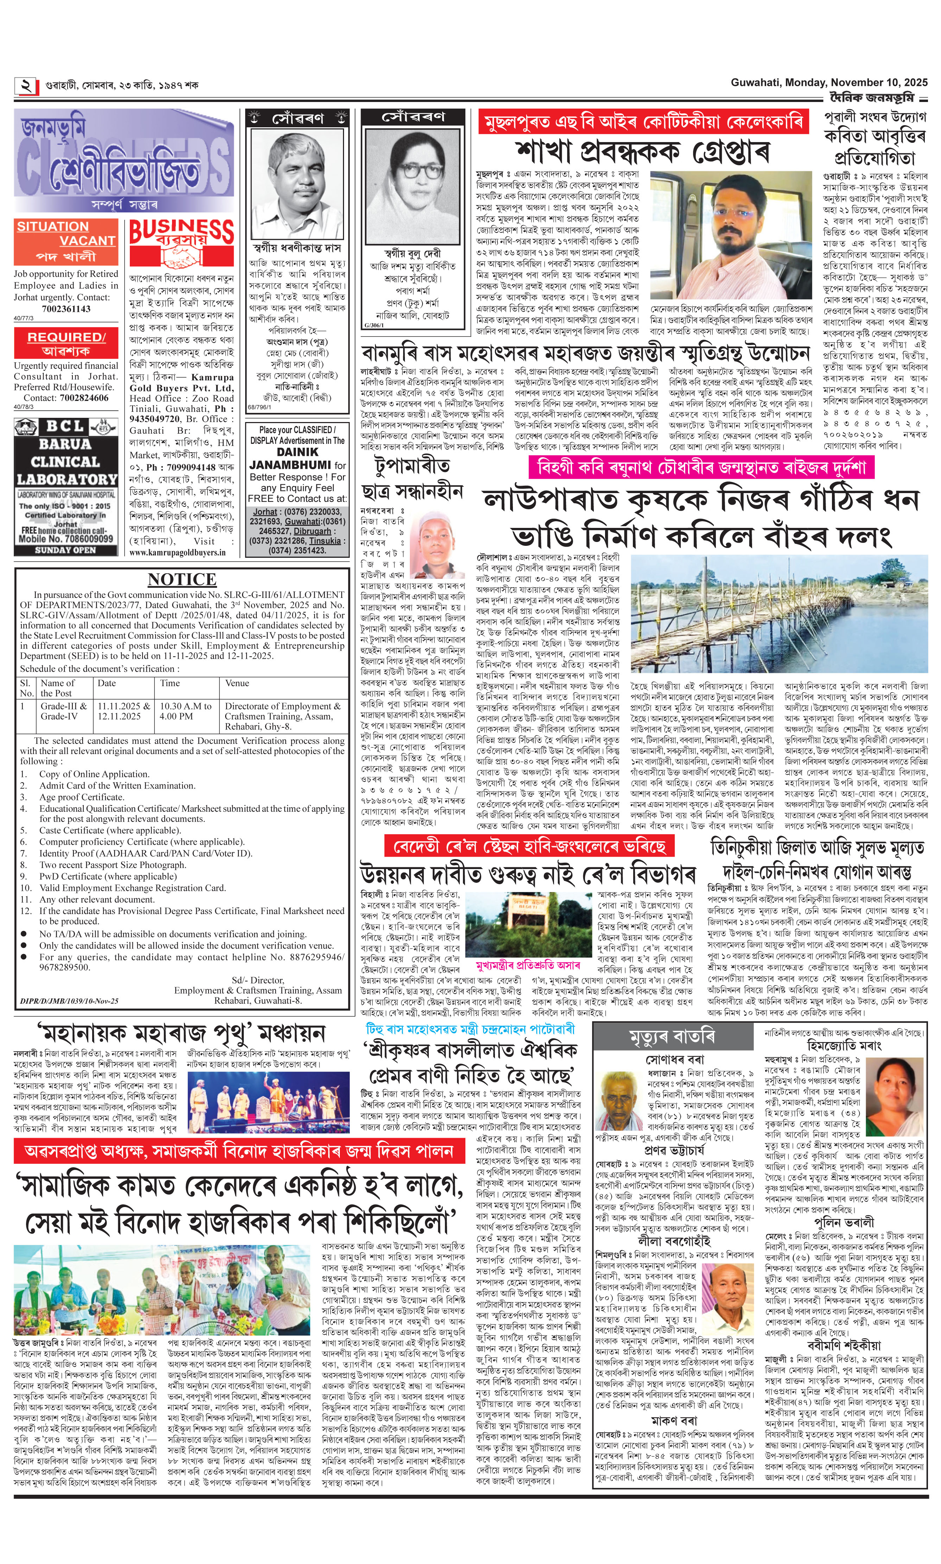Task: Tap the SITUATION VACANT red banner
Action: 66,233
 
